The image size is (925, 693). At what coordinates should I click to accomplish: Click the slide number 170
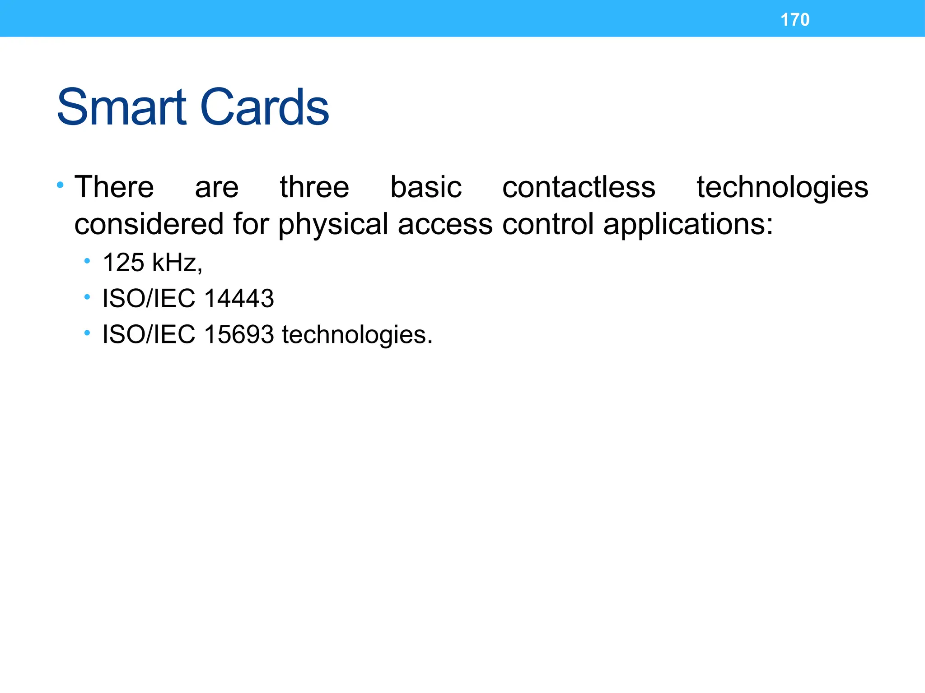(x=795, y=20)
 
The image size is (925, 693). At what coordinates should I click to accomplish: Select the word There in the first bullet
(x=114, y=187)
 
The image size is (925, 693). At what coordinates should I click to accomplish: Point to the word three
(x=314, y=187)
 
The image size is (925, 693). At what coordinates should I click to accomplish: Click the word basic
(x=426, y=187)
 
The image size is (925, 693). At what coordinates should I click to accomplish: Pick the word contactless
(x=579, y=187)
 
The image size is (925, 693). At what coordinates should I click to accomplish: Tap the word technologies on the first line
(x=782, y=188)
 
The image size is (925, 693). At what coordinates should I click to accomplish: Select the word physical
(x=333, y=225)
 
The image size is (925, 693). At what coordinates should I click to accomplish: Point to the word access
(x=445, y=225)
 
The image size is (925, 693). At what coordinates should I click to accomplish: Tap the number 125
(x=123, y=262)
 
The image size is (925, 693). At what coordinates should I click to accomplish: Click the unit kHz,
(x=178, y=263)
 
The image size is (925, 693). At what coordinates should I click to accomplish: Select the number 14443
(x=239, y=299)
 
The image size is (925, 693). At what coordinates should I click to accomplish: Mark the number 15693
(x=239, y=335)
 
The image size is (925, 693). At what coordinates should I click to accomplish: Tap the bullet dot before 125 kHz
(x=87, y=261)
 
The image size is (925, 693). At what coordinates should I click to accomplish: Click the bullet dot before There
(x=60, y=185)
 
